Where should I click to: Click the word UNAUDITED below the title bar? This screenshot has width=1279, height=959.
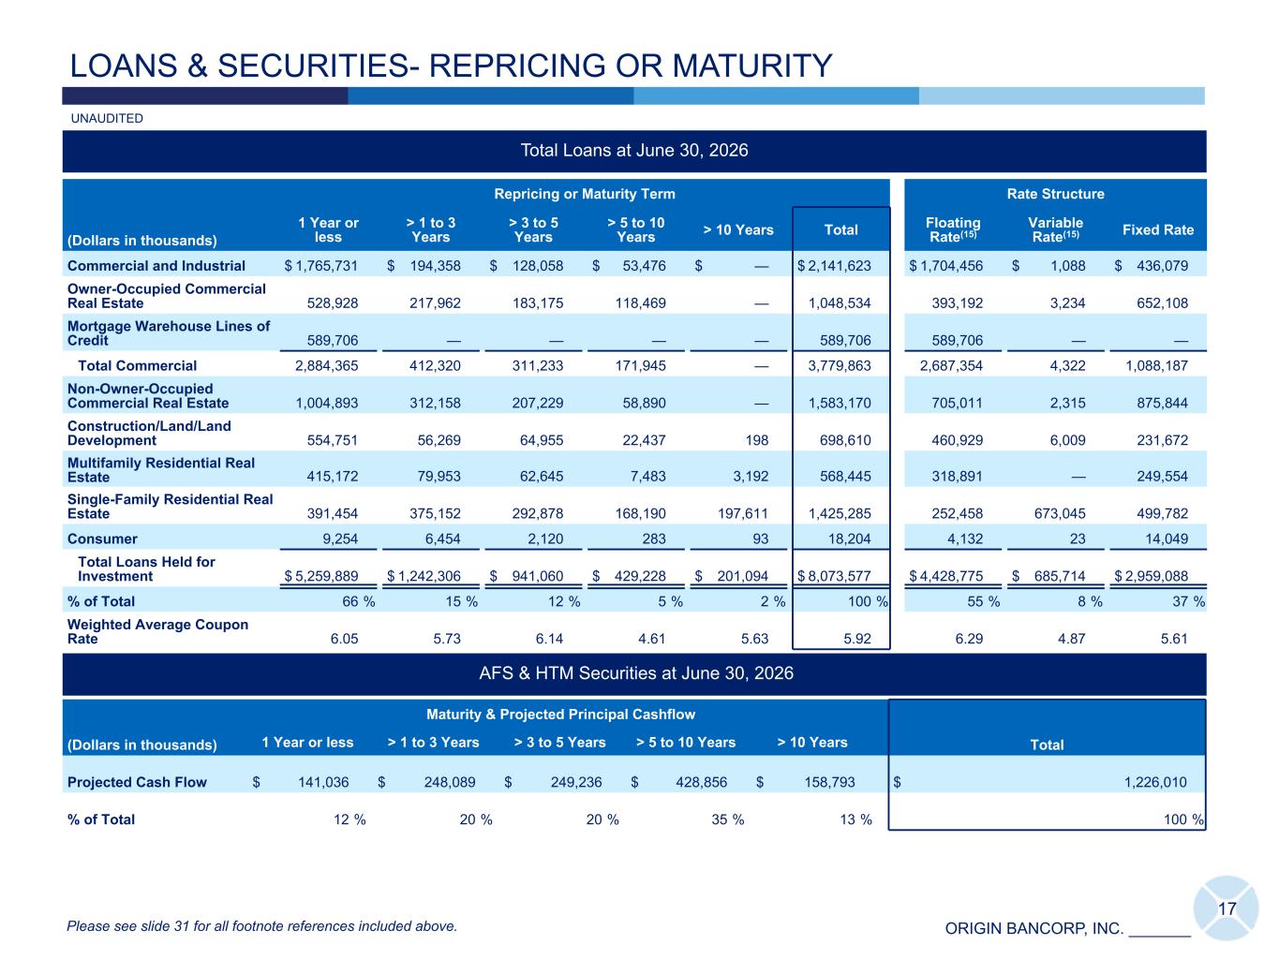pos(107,118)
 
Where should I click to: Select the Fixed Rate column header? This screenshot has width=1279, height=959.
pos(1157,230)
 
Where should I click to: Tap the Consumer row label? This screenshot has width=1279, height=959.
pos(102,539)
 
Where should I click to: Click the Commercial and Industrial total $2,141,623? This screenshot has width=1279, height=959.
pos(834,266)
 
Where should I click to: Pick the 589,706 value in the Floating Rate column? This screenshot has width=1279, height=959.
pos(957,340)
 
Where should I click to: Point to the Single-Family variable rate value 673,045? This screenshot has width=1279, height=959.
pos(1060,513)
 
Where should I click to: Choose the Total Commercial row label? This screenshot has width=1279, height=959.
pos(138,365)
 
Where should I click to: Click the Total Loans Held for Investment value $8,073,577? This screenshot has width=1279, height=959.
pos(834,576)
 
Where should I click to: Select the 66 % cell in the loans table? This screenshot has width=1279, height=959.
pos(358,601)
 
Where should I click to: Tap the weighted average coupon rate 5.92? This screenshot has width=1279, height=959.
pos(857,639)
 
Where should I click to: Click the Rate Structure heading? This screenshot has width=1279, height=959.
pos(1055,194)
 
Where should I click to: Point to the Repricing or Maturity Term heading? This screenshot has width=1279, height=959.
pos(585,194)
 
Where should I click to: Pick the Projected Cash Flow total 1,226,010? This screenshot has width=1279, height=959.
pos(1155,782)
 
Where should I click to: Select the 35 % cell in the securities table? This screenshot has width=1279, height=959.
pos(727,819)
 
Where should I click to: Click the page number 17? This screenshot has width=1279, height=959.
pos(1227,909)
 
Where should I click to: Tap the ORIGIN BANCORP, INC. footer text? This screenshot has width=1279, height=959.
pos(1034,928)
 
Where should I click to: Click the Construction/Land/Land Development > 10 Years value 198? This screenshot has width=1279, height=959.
pos(756,440)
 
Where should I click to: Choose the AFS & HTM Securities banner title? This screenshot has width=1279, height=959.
pos(635,673)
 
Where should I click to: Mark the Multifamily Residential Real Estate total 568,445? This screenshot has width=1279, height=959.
pos(845,477)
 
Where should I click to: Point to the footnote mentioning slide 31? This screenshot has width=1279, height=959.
pos(261,926)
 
